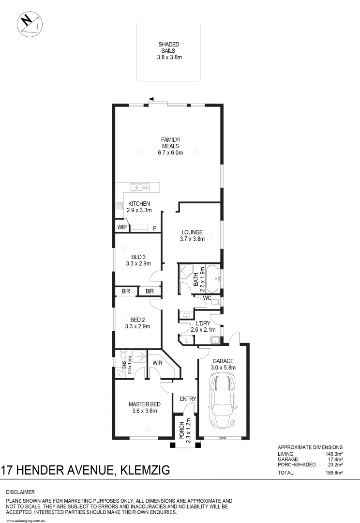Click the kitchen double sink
pyautogui.click(x=139, y=186)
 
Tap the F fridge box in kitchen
pyautogui.click(x=155, y=228)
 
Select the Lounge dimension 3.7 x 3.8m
pyautogui.click(x=192, y=238)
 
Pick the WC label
pyautogui.click(x=207, y=298)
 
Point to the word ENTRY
pyautogui.click(x=188, y=399)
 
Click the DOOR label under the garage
pyautogui.click(x=222, y=438)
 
